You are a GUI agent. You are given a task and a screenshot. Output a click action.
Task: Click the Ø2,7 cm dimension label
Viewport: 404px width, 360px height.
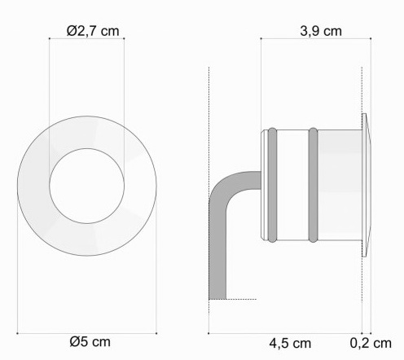[93, 31]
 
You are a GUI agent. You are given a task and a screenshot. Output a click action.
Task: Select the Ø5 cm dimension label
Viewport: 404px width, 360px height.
[90, 341]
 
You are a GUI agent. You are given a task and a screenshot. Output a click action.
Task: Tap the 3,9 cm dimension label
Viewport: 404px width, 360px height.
[321, 32]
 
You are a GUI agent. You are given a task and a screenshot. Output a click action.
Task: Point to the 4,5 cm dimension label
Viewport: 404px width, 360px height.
[290, 344]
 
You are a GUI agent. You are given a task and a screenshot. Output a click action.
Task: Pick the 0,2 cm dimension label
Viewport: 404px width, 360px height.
[371, 344]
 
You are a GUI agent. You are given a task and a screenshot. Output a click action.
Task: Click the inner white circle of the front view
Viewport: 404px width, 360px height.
[87, 186]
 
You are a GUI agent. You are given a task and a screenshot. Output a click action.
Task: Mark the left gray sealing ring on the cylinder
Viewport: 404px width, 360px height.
[272, 185]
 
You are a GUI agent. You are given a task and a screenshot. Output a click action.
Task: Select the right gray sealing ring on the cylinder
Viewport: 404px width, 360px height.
[313, 185]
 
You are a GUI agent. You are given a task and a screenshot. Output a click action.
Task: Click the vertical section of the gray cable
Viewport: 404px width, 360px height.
[217, 250]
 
